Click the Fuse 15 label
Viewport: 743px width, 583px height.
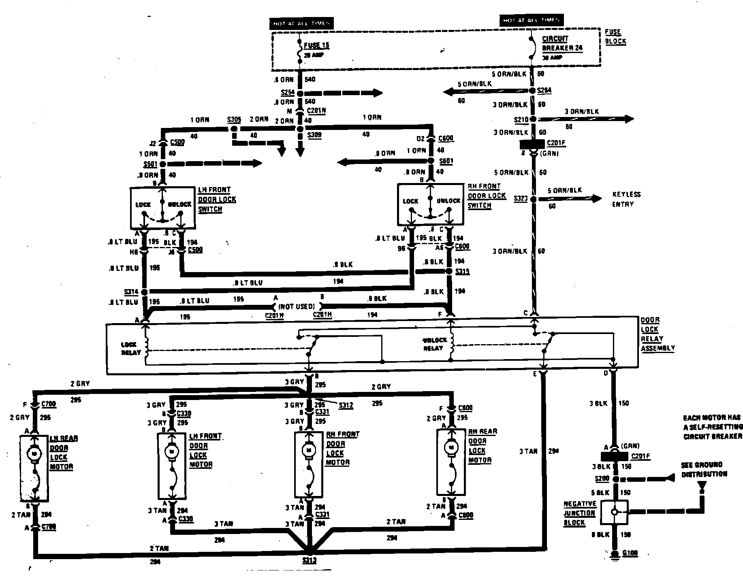coord(316,46)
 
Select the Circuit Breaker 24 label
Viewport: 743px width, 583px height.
coord(562,43)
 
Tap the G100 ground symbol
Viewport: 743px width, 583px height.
coord(615,554)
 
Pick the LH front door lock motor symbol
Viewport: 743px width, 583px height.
coord(171,450)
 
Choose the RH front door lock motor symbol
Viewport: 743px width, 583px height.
coord(309,449)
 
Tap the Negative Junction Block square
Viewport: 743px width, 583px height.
coord(614,512)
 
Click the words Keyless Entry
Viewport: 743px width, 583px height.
coord(626,199)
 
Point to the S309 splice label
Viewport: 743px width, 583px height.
coord(314,135)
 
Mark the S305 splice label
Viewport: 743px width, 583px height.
coord(234,119)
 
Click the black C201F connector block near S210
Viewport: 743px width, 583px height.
coord(532,144)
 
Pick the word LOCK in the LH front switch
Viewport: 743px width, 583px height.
coord(143,204)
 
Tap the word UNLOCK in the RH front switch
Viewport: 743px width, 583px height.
coord(448,201)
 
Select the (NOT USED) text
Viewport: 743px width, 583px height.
coord(297,306)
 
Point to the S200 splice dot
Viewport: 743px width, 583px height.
coord(615,479)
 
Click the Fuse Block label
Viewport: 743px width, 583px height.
coord(615,36)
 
